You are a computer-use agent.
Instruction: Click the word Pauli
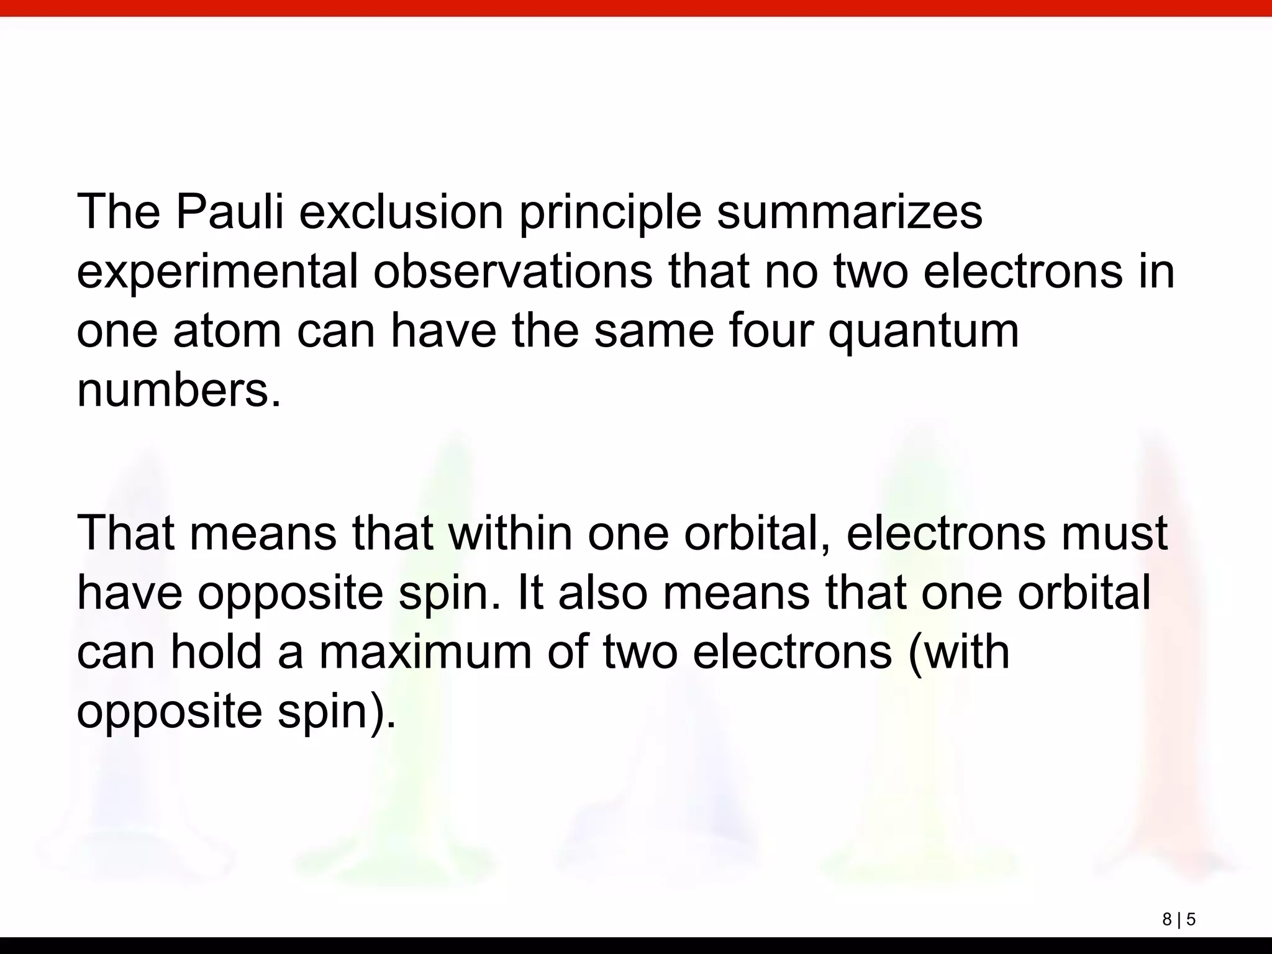(x=229, y=212)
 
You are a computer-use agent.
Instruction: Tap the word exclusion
(x=401, y=212)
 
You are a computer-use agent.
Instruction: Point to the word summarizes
(x=850, y=212)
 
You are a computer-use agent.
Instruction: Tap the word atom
(x=227, y=331)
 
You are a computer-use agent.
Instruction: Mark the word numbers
(x=178, y=391)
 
